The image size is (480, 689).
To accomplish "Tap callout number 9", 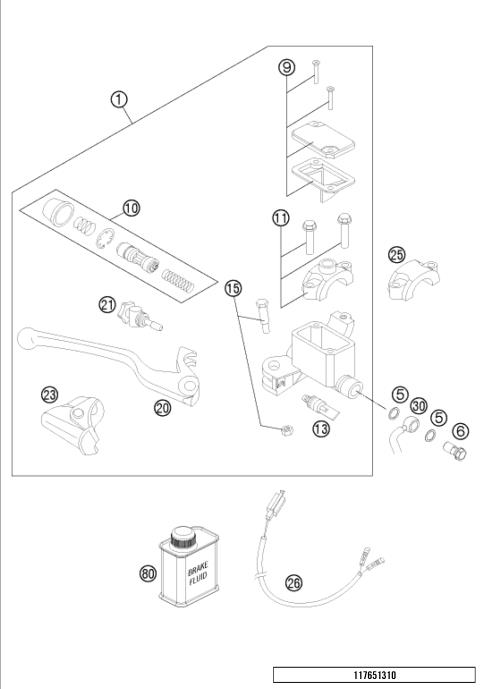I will (286, 67).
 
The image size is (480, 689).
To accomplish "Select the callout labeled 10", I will (131, 208).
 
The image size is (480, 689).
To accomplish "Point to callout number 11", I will (281, 217).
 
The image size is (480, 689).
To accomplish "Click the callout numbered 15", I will (233, 288).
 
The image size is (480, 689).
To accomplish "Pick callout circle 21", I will (107, 304).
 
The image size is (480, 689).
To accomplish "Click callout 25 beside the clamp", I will (396, 255).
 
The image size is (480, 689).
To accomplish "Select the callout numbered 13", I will (321, 430).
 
